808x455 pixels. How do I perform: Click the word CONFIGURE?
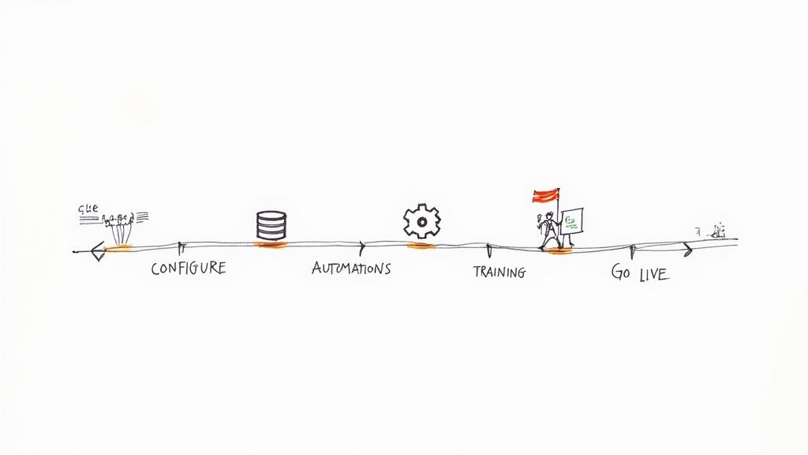point(188,269)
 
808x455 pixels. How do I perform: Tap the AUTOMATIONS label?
point(351,269)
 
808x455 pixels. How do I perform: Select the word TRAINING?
point(499,273)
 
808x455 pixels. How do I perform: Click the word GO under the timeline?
point(621,273)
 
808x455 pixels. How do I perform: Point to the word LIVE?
point(653,274)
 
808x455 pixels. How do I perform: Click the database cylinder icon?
point(271,225)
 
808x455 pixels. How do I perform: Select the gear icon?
point(421,221)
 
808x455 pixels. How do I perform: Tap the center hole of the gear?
point(421,222)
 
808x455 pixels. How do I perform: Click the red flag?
point(546,195)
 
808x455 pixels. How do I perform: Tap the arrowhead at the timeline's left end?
point(97,252)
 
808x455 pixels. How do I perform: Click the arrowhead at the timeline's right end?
point(687,250)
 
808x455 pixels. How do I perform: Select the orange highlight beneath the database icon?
point(271,245)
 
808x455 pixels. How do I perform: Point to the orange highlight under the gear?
point(421,246)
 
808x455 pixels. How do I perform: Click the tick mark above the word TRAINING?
point(488,250)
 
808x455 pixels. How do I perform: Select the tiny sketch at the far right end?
point(716,231)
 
